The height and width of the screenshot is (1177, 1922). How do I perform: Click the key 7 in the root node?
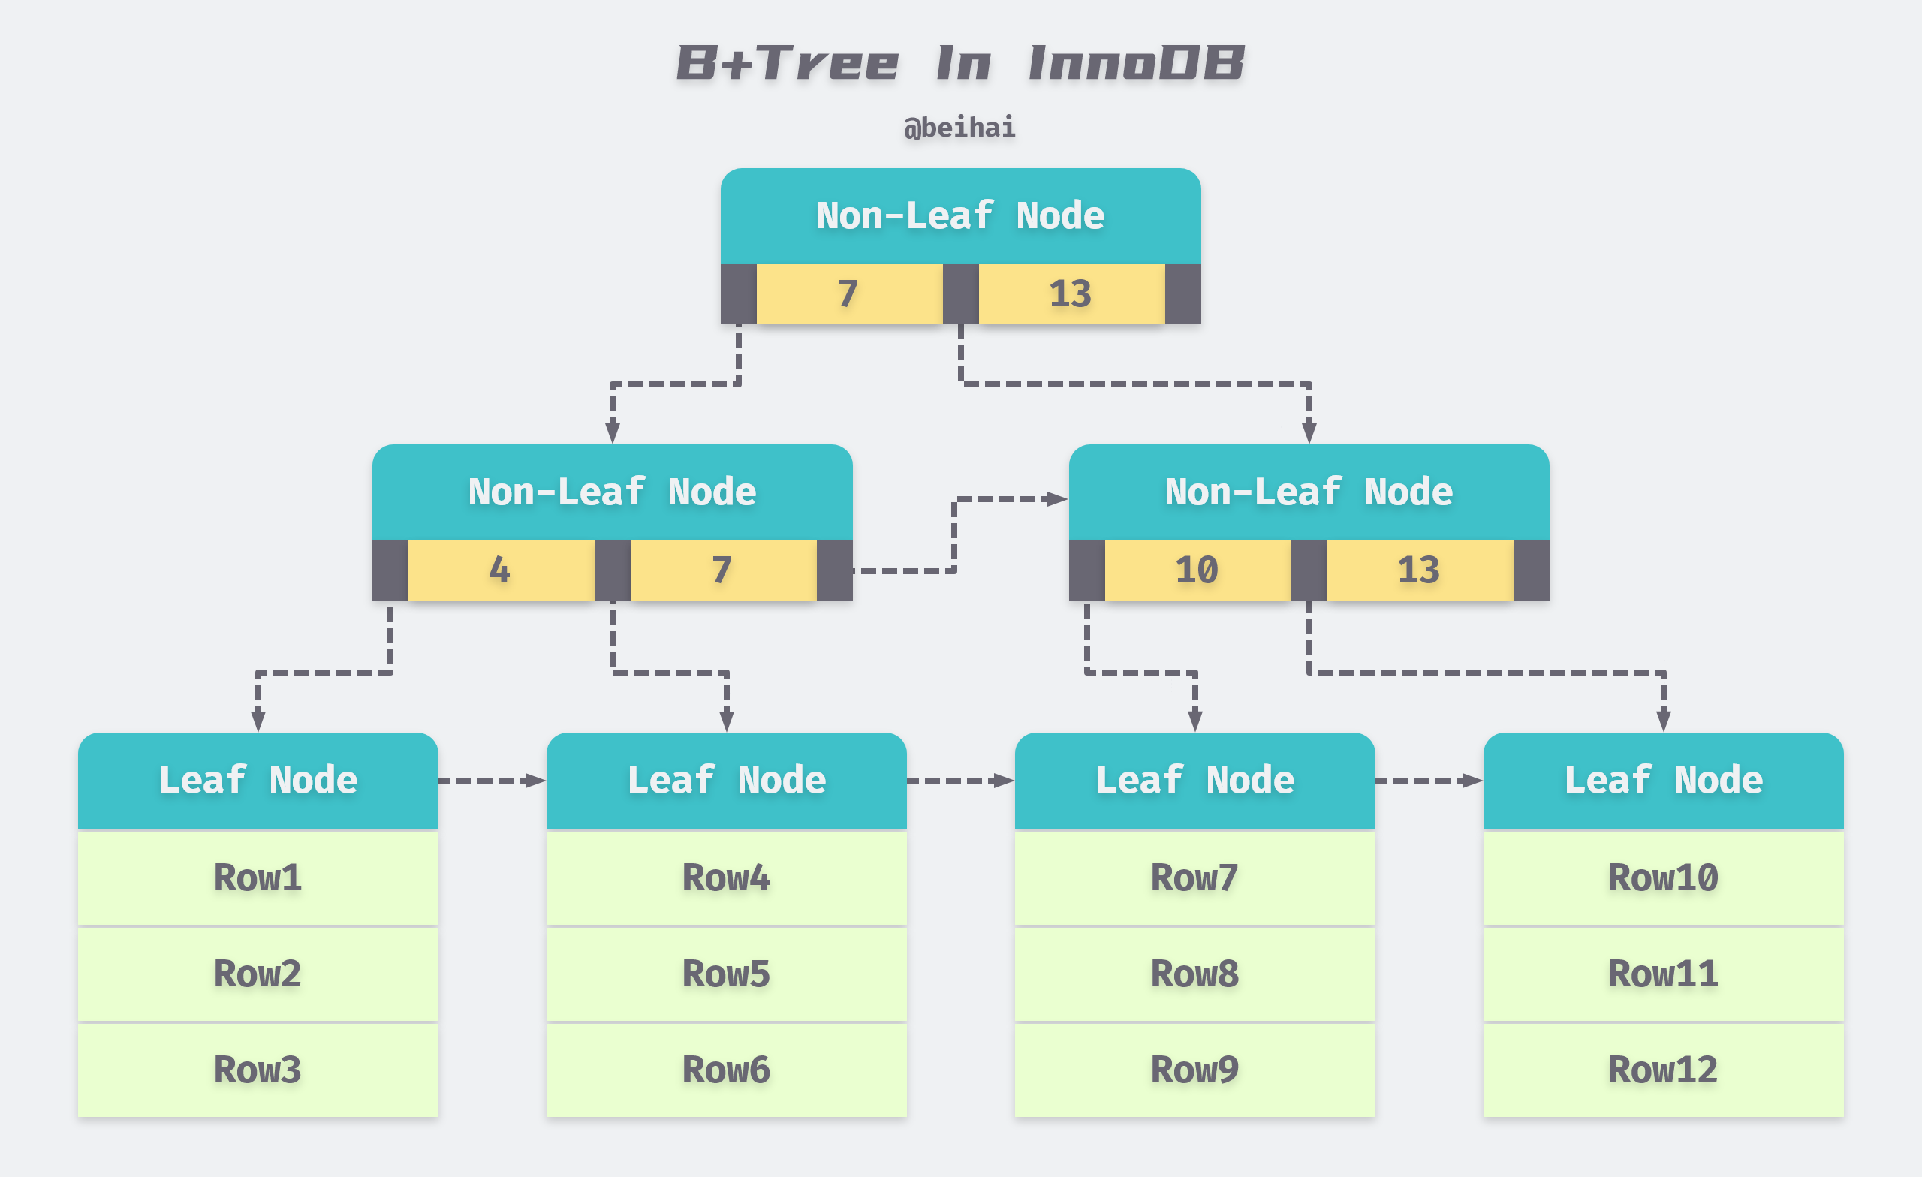click(x=848, y=294)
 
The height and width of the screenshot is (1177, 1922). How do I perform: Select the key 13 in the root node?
click(x=1070, y=294)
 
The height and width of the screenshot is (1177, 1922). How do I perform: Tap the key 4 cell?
click(x=500, y=570)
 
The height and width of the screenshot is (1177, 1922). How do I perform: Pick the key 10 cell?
click(x=1197, y=570)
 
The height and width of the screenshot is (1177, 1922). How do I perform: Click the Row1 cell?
click(x=258, y=877)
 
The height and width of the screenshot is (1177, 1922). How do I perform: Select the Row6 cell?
click(x=725, y=1070)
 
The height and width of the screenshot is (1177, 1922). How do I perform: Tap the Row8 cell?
click(x=1194, y=974)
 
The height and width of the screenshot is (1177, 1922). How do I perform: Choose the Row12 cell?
click(x=1662, y=1070)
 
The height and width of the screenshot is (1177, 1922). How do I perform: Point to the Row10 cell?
click(x=1662, y=877)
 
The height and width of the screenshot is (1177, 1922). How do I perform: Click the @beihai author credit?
click(x=959, y=127)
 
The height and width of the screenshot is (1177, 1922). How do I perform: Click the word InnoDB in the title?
click(x=1136, y=63)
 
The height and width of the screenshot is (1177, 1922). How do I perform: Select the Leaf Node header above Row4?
click(x=725, y=780)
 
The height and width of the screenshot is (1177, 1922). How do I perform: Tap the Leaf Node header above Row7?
click(x=1194, y=780)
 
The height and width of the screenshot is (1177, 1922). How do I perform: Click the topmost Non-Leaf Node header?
click(x=960, y=216)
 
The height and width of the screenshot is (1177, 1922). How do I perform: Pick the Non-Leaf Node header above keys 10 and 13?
click(x=1308, y=492)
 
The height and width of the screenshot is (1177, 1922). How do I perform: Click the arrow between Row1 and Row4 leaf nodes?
click(x=492, y=780)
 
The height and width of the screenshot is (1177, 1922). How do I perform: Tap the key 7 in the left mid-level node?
click(x=722, y=570)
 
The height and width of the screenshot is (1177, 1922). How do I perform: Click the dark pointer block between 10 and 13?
click(x=1308, y=570)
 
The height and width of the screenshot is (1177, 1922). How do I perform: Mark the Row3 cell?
click(x=258, y=1070)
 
